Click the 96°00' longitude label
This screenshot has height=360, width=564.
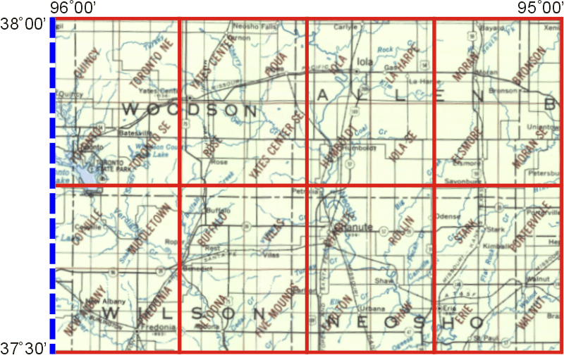point(73,8)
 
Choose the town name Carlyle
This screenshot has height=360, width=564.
point(342,26)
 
